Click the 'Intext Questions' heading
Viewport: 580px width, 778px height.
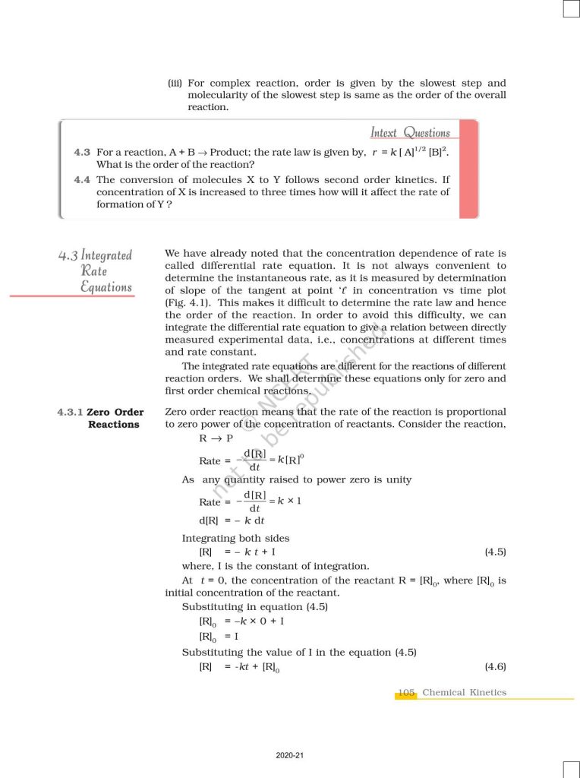[x=410, y=133]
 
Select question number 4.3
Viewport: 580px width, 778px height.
[x=83, y=153]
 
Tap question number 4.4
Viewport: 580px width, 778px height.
[x=83, y=180]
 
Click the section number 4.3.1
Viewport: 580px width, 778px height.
[x=71, y=413]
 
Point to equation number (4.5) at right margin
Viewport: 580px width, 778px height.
[x=495, y=552]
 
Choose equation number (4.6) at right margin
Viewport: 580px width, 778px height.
[x=495, y=666]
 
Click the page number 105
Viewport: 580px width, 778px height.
[x=406, y=692]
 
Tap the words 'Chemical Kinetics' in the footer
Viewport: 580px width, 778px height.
[x=464, y=692]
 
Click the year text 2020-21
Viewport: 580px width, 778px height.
[x=290, y=755]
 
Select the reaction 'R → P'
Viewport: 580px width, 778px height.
[x=216, y=439]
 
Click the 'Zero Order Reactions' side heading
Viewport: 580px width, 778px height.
[x=115, y=419]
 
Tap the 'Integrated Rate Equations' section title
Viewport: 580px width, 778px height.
[x=97, y=271]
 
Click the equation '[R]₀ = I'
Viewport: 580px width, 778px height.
[x=219, y=637]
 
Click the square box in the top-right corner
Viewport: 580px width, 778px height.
[x=571, y=8]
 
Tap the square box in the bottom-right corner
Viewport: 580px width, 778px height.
[x=571, y=770]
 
